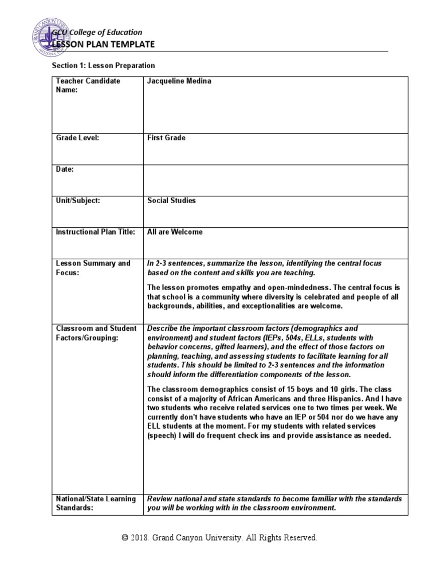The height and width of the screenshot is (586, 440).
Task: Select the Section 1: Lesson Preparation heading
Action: click(103, 66)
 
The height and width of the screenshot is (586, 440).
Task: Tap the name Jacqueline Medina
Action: click(179, 81)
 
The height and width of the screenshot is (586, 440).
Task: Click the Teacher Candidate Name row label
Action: click(88, 85)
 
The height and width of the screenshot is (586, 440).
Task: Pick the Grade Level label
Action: click(77, 138)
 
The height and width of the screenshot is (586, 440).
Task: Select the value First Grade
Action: click(166, 138)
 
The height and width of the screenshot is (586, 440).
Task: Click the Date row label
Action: click(65, 169)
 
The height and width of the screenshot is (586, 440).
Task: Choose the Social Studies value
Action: click(171, 201)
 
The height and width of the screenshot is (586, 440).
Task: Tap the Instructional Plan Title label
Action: click(95, 232)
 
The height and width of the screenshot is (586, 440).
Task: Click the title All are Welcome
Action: click(175, 232)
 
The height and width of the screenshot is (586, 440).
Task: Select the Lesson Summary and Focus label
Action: click(93, 268)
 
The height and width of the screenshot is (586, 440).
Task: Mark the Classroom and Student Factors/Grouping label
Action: click(96, 333)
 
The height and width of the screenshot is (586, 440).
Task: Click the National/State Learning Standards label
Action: click(96, 503)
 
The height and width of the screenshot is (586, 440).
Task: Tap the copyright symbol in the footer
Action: click(125, 538)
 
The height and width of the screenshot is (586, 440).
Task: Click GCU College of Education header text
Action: click(97, 32)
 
